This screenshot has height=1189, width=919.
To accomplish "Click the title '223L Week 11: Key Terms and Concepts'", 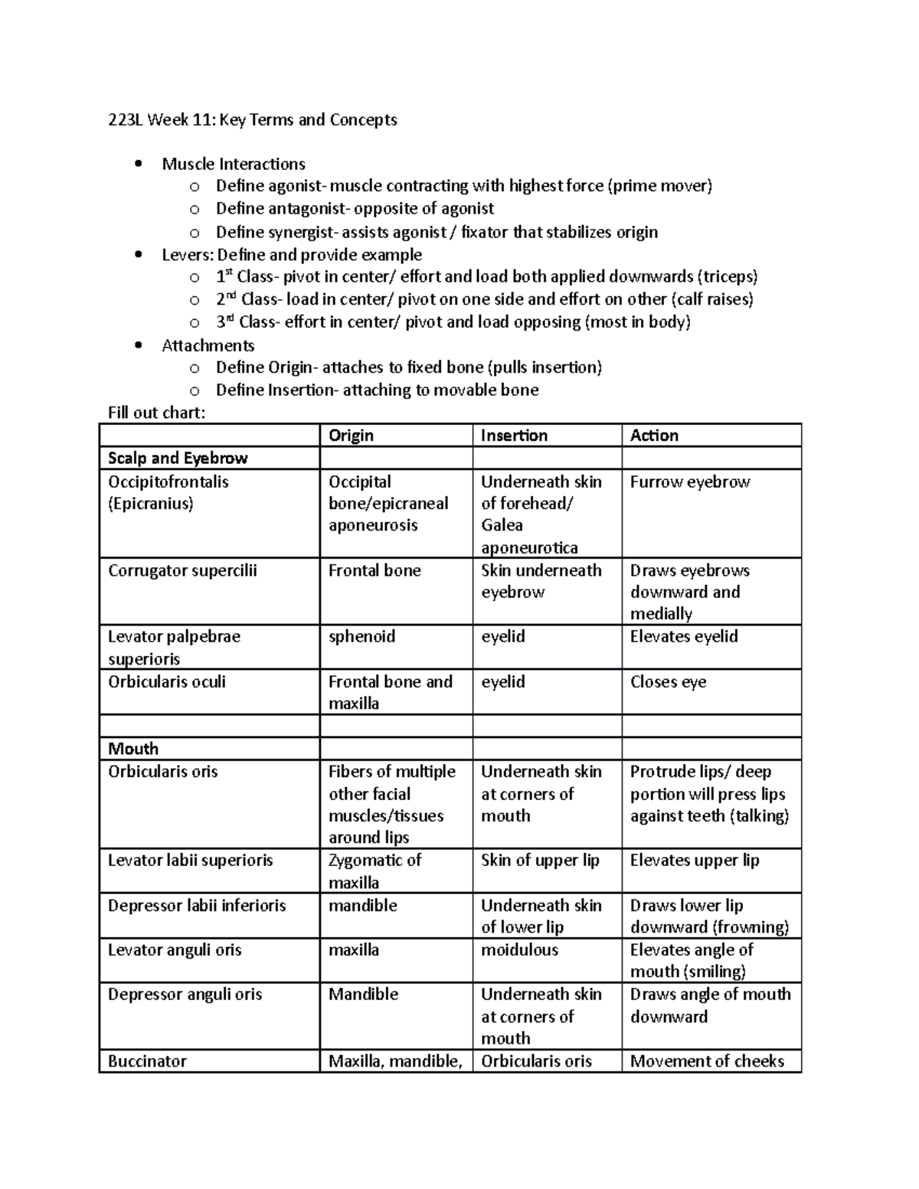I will click(x=252, y=119).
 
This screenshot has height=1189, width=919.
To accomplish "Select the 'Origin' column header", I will click(x=351, y=435).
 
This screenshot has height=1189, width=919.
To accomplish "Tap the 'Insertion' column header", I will click(x=514, y=435).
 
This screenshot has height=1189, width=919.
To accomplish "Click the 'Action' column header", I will click(x=654, y=435).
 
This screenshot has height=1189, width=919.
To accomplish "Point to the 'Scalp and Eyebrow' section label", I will click(x=178, y=458).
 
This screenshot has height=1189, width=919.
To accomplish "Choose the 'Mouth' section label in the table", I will click(x=133, y=748).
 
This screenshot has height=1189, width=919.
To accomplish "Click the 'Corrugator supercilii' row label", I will click(x=182, y=570).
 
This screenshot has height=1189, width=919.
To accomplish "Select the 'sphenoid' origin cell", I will click(x=361, y=636).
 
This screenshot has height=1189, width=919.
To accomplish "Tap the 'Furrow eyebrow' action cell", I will click(x=689, y=482).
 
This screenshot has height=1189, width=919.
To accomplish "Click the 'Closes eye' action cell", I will click(x=668, y=681).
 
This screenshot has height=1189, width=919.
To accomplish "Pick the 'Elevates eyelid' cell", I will click(x=683, y=636).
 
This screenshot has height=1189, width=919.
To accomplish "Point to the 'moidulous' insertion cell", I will click(x=519, y=949).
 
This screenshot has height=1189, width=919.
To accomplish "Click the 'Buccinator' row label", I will click(x=147, y=1060).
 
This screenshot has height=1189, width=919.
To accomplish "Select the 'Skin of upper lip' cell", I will click(x=540, y=860).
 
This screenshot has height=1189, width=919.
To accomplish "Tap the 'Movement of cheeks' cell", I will click(x=707, y=1060).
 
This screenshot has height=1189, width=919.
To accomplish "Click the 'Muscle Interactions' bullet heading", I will click(x=233, y=164).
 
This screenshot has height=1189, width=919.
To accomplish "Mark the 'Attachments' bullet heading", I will click(x=208, y=345).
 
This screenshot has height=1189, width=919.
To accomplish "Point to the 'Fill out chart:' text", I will click(x=156, y=413).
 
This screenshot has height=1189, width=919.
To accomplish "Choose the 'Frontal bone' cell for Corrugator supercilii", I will click(x=374, y=570).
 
